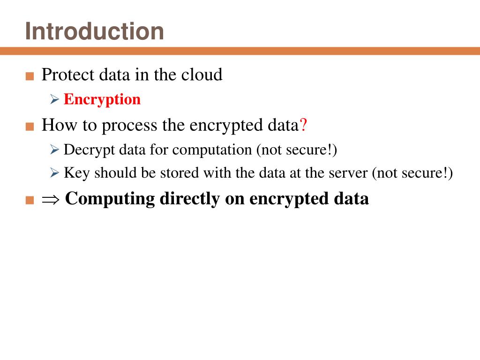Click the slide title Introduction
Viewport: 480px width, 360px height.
point(95,31)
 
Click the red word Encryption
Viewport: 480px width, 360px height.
point(102,99)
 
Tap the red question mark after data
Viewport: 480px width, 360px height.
point(303,125)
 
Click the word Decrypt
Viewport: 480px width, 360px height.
point(90,150)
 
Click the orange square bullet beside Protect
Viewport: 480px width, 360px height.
point(30,76)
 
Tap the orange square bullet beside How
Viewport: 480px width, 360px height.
point(30,127)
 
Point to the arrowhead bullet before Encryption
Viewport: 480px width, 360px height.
point(54,100)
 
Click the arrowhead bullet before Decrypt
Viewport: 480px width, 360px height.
point(54,150)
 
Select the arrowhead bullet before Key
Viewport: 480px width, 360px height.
point(54,173)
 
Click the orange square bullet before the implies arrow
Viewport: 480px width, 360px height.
point(30,200)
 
